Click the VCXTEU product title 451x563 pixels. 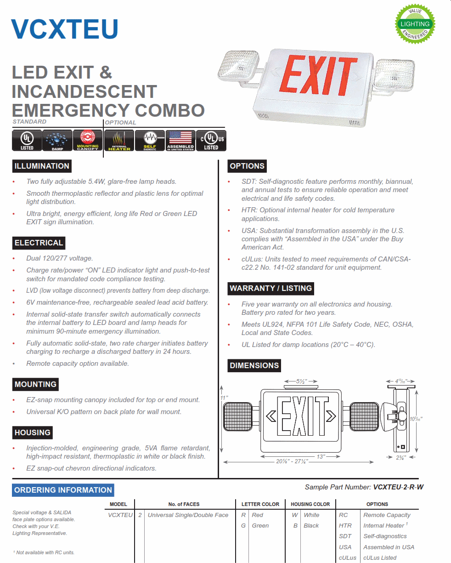[65, 29]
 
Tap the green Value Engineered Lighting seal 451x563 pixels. [415, 24]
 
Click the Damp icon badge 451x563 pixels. [57, 140]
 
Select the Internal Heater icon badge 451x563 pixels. [119, 140]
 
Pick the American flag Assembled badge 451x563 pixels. [180, 140]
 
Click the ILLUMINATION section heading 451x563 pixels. [42, 166]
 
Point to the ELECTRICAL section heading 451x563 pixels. [39, 243]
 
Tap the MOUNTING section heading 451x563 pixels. [35, 384]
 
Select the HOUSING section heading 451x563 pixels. [32, 432]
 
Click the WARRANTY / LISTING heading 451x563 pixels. [271, 288]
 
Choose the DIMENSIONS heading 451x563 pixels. [254, 365]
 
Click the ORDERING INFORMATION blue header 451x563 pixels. [63, 490]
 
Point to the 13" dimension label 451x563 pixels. [321, 456]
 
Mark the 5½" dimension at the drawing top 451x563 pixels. [301, 381]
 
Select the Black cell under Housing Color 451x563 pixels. [311, 525]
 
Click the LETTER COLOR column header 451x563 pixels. [260, 504]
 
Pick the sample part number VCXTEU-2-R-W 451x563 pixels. [398, 487]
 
